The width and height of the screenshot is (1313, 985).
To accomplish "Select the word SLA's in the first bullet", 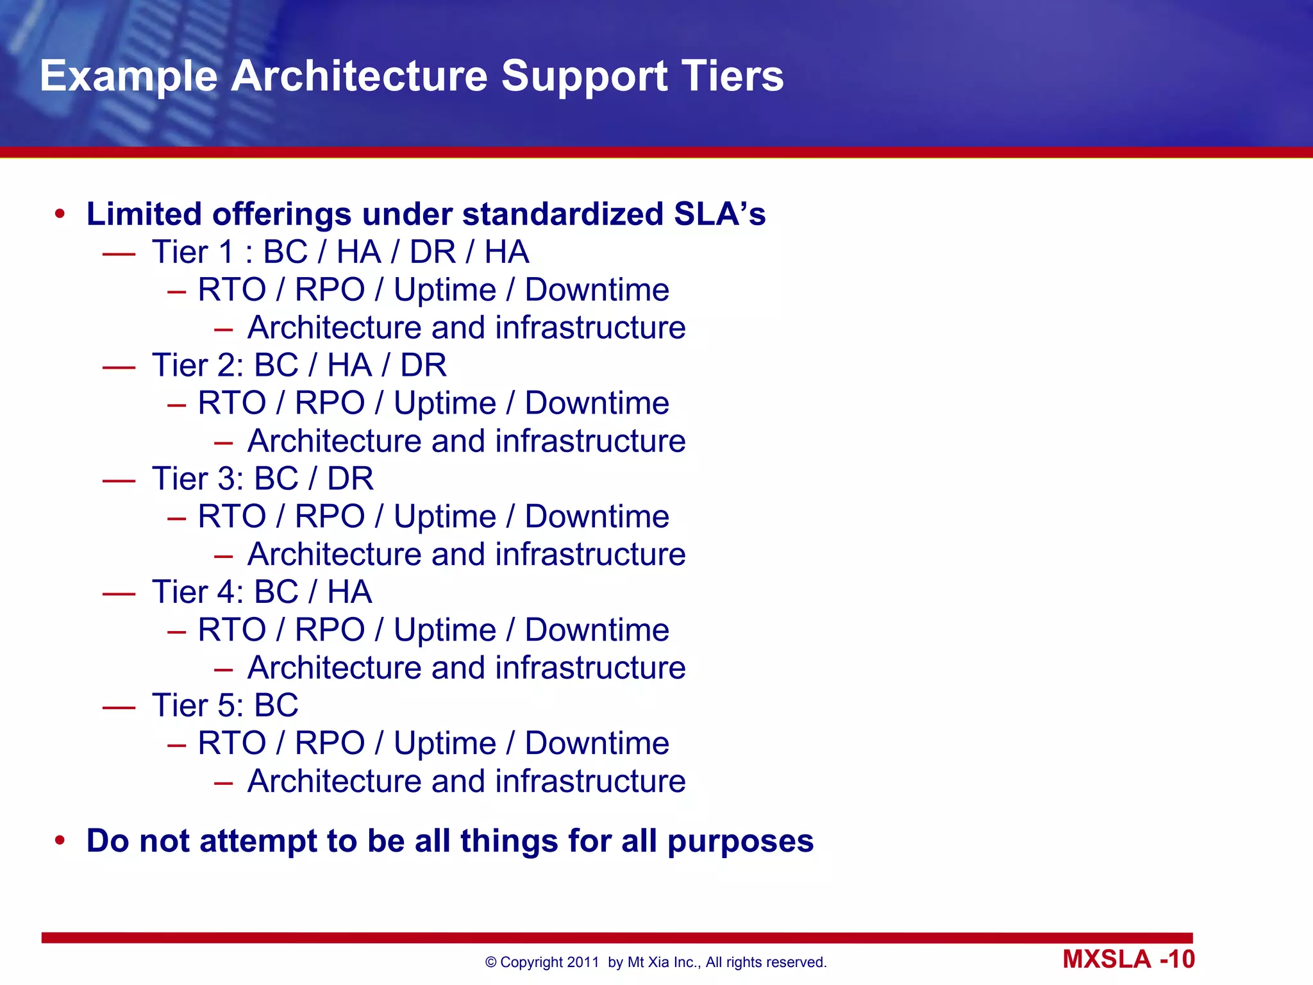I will click(719, 214).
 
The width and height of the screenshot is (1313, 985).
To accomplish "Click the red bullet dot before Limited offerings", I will click(60, 214).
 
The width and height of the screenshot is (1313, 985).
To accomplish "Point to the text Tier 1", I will click(193, 252).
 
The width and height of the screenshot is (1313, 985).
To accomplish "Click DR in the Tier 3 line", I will click(350, 479).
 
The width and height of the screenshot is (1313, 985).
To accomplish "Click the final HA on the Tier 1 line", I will click(506, 252).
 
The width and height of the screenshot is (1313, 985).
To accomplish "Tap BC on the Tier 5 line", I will click(276, 705).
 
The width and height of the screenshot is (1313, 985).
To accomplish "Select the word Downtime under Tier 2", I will click(597, 403).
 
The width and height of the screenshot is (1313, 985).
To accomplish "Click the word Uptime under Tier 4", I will click(445, 630).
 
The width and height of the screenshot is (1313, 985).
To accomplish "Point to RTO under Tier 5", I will click(231, 743).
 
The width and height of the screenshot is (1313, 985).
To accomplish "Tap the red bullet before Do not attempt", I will click(60, 841).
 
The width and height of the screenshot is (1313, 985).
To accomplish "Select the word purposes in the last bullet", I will click(740, 841).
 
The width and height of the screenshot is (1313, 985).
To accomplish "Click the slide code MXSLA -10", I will click(1128, 959).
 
